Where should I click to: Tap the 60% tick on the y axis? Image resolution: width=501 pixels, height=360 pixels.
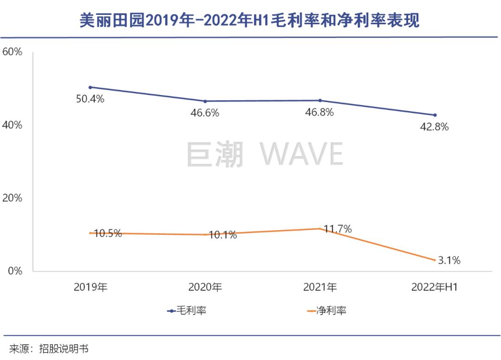(13, 52)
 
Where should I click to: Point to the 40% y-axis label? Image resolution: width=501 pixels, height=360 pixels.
(13, 125)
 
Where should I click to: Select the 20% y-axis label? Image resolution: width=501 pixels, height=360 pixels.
(13, 198)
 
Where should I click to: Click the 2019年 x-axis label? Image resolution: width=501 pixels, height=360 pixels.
(90, 288)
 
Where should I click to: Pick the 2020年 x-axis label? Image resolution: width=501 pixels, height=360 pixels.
(205, 288)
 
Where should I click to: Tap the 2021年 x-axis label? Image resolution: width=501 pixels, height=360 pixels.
(320, 288)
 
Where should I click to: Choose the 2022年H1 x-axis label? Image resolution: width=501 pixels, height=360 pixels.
(435, 288)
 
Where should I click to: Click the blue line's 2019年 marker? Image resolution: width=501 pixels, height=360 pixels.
(90, 87)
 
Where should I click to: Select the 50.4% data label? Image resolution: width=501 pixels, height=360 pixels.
(90, 98)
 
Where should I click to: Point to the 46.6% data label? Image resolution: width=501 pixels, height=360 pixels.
(205, 113)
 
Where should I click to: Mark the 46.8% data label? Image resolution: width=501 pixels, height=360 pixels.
(320, 112)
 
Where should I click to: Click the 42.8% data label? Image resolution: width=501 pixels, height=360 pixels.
(434, 127)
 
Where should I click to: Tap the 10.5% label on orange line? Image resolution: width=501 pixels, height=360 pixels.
(108, 233)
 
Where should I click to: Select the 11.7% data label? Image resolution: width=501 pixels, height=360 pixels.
(338, 229)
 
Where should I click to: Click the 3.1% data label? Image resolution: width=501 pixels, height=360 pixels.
(449, 261)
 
